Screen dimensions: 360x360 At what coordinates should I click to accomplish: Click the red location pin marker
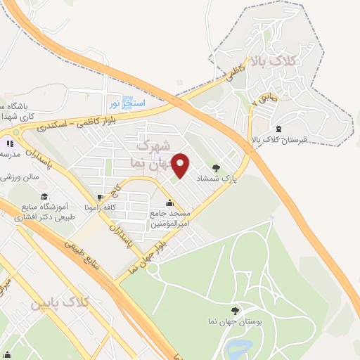[181, 164]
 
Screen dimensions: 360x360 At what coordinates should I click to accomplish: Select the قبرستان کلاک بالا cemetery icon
[279, 129]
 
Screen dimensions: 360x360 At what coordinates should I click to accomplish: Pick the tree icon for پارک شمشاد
[216, 168]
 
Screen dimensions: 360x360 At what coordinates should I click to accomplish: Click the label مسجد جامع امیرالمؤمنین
[168, 217]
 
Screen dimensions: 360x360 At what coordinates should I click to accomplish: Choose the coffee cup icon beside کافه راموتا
[101, 195]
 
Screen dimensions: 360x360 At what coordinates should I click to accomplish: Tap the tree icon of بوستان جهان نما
[235, 311]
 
